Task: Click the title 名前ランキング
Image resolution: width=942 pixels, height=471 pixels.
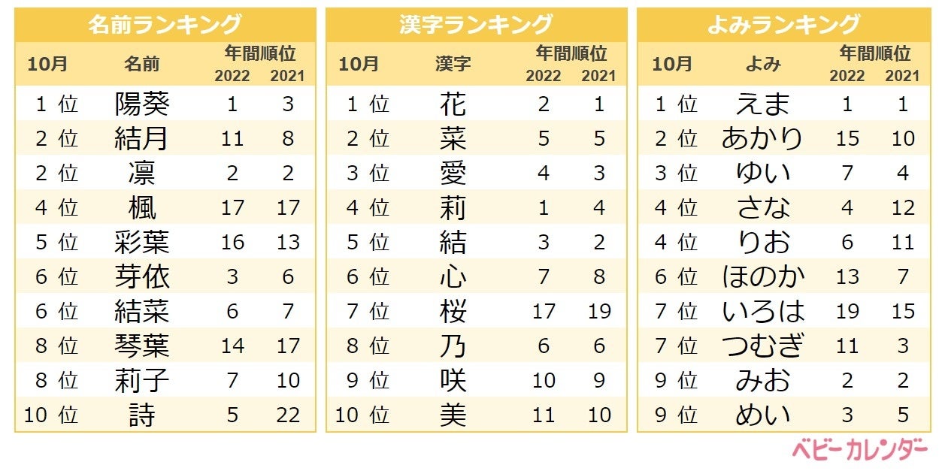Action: pyautogui.click(x=165, y=24)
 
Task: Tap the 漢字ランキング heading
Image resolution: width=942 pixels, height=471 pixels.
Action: pyautogui.click(x=476, y=24)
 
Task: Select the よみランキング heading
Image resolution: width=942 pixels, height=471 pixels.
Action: pyautogui.click(x=783, y=24)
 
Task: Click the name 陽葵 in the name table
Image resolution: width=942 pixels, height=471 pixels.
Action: pyautogui.click(x=142, y=104)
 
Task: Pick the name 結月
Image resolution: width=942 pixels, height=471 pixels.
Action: pyautogui.click(x=142, y=138)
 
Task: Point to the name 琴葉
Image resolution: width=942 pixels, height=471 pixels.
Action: pyautogui.click(x=142, y=346)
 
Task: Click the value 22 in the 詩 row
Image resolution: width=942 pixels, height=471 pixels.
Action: pyautogui.click(x=288, y=415)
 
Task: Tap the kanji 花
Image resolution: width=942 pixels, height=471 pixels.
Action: pyautogui.click(x=453, y=104)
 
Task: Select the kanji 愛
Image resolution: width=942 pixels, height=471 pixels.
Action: pyautogui.click(x=453, y=173)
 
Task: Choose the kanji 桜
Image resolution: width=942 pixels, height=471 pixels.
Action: pyautogui.click(x=453, y=311)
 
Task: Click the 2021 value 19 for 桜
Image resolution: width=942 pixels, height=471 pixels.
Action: pyautogui.click(x=599, y=311)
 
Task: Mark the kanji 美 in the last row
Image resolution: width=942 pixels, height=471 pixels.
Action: pyautogui.click(x=453, y=415)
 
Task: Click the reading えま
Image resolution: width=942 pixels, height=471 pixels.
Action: pyautogui.click(x=763, y=104)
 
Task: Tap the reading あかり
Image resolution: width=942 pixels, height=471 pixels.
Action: pyautogui.click(x=763, y=138)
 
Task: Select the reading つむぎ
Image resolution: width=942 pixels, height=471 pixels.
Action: pyautogui.click(x=763, y=346)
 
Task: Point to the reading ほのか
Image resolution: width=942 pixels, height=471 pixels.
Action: pyautogui.click(x=763, y=276)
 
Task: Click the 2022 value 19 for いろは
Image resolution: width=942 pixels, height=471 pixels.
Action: pyautogui.click(x=847, y=311)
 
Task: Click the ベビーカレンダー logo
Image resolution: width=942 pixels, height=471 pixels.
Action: pyautogui.click(x=859, y=451)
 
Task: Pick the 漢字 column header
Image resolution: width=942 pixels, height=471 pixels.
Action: pyautogui.click(x=453, y=64)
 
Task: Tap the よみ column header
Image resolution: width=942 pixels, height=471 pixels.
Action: pyautogui.click(x=763, y=64)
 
